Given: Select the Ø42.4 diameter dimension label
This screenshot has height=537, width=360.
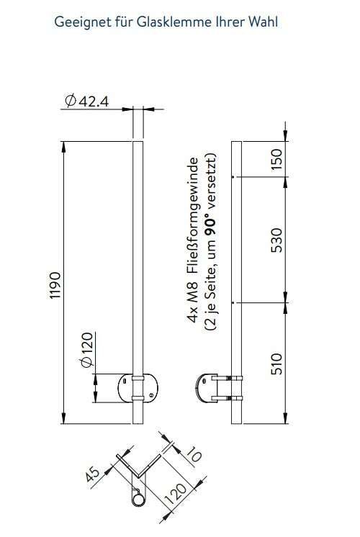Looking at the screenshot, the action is pyautogui.click(x=87, y=101).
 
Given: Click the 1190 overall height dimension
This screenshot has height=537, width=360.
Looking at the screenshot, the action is pyautogui.click(x=55, y=285).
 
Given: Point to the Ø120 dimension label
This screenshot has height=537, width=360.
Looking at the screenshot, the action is pyautogui.click(x=87, y=350).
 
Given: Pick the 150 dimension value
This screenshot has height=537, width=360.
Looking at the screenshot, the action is pyautogui.click(x=276, y=159).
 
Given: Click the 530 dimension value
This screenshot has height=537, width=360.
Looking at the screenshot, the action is pyautogui.click(x=276, y=240).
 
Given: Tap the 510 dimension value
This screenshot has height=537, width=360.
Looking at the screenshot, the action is pyautogui.click(x=276, y=364).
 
